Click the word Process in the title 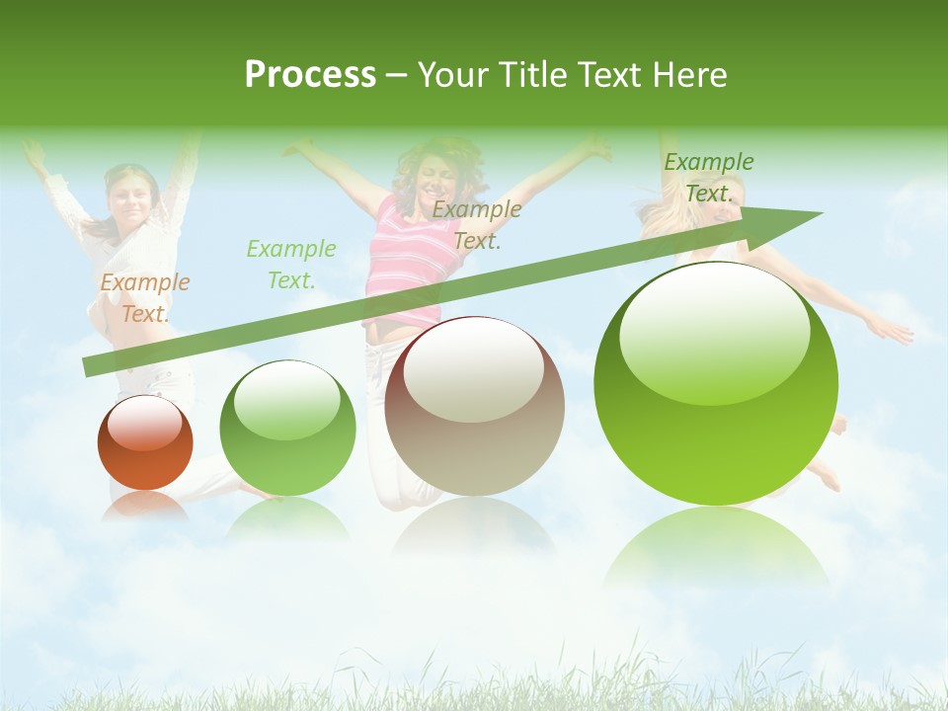pyautogui.click(x=310, y=75)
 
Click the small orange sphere pyautogui.click(x=145, y=442)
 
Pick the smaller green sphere pyautogui.click(x=287, y=428)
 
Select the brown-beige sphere pyautogui.click(x=474, y=406)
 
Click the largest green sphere pyautogui.click(x=716, y=383)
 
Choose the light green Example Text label pyautogui.click(x=291, y=264)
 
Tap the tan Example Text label pyautogui.click(x=477, y=224)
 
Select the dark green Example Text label pyautogui.click(x=708, y=178)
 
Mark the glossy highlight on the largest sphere pyautogui.click(x=714, y=332)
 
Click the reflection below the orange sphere pyautogui.click(x=145, y=507)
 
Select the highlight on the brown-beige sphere pyautogui.click(x=473, y=371)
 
